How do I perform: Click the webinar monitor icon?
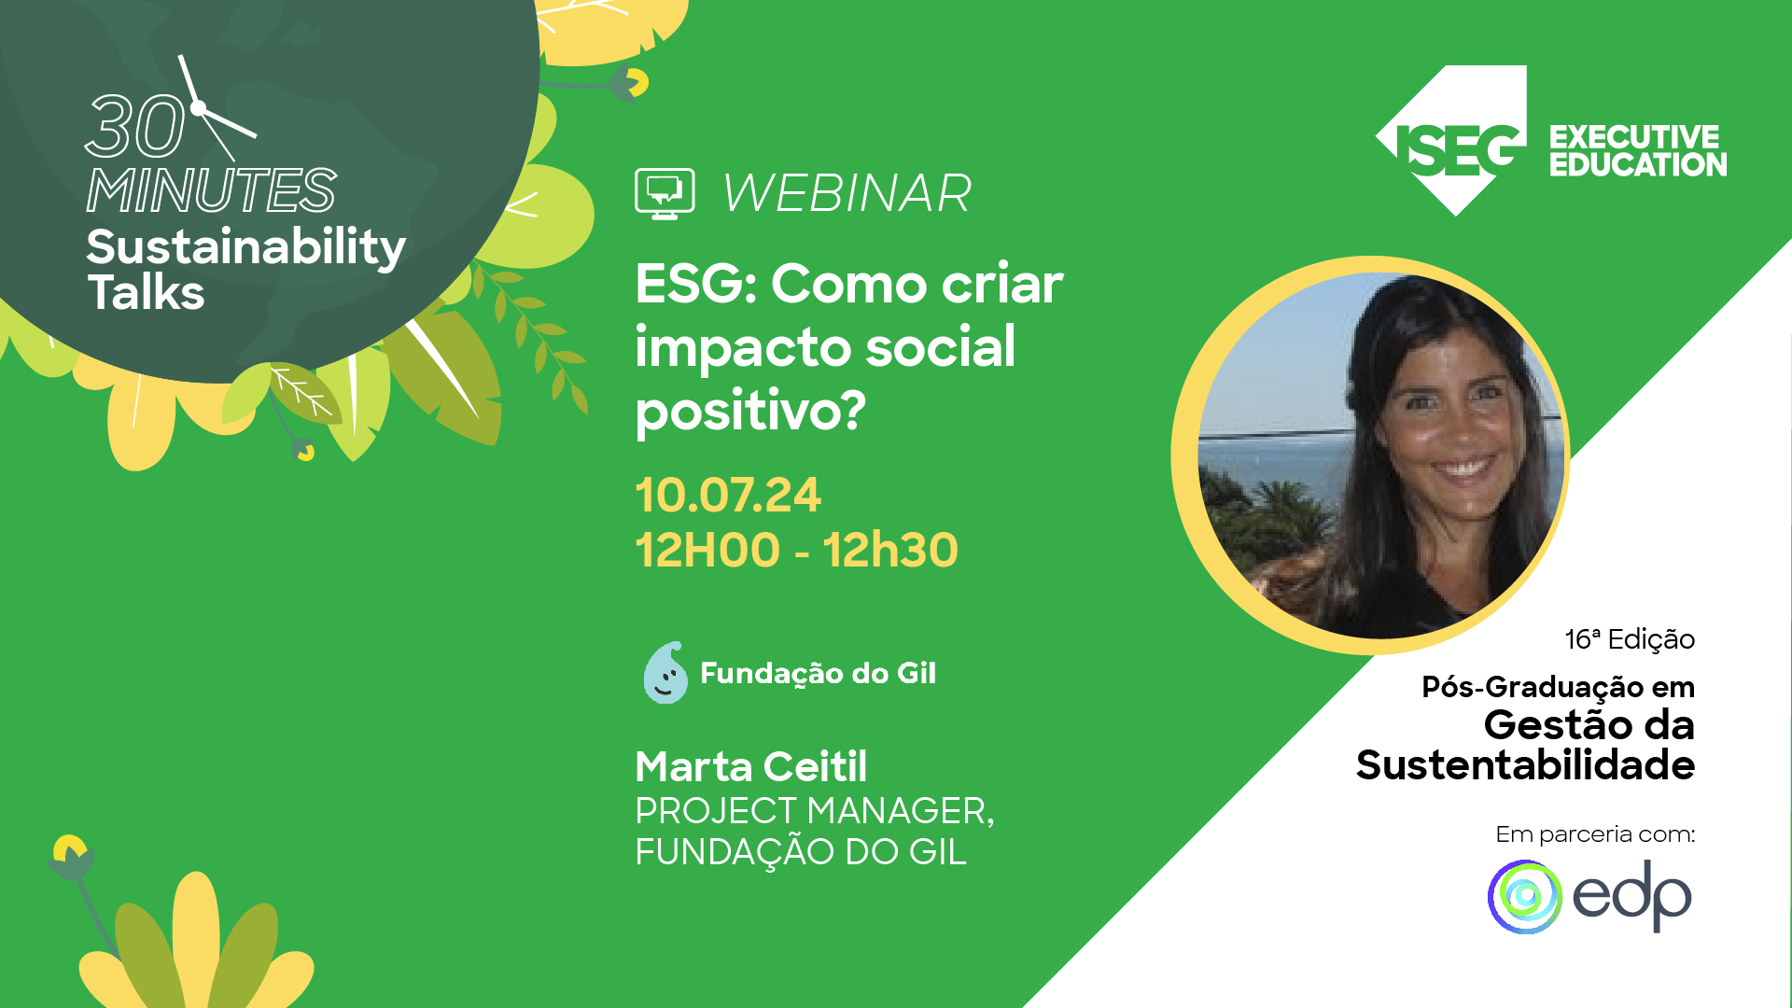pyautogui.click(x=665, y=193)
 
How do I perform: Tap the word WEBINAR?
pyautogui.click(x=847, y=193)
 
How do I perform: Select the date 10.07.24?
pyautogui.click(x=728, y=495)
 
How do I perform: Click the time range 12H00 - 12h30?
pyautogui.click(x=796, y=550)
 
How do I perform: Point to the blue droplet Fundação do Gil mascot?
pyautogui.click(x=665, y=673)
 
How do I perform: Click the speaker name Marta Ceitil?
pyautogui.click(x=750, y=767)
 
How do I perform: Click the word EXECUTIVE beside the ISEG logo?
pyautogui.click(x=1634, y=137)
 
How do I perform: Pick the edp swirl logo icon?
pyautogui.click(x=1525, y=897)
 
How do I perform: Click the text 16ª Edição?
pyautogui.click(x=1629, y=639)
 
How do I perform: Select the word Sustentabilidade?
pyautogui.click(x=1525, y=765)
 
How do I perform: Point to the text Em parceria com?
pyautogui.click(x=1594, y=833)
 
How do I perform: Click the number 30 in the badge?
pyautogui.click(x=135, y=127)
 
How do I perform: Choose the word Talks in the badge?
pyautogui.click(x=146, y=292)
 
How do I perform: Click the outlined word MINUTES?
pyautogui.click(x=211, y=190)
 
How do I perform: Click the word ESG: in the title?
pyautogui.click(x=695, y=284)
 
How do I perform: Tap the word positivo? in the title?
pyautogui.click(x=750, y=411)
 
